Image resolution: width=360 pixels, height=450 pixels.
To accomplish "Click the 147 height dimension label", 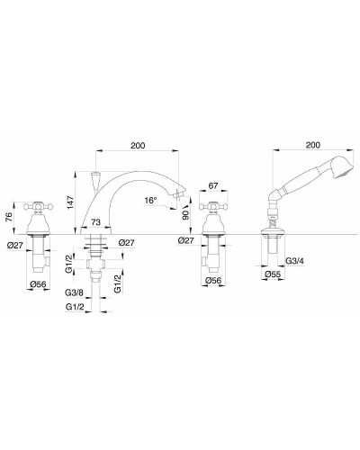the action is (70, 202).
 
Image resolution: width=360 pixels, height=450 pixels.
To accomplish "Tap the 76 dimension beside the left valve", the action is (9, 217).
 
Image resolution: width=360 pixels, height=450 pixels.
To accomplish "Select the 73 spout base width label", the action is (95, 222).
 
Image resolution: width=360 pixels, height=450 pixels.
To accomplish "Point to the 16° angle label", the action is (150, 201).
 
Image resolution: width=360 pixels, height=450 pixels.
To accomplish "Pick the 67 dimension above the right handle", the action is (213, 185).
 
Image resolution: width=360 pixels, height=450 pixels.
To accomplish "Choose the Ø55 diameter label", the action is (273, 274).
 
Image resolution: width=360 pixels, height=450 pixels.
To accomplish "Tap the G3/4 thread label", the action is (295, 261).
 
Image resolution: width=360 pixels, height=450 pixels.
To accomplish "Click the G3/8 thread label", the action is (74, 292).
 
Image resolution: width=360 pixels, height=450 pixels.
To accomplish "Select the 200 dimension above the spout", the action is (138, 146).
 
